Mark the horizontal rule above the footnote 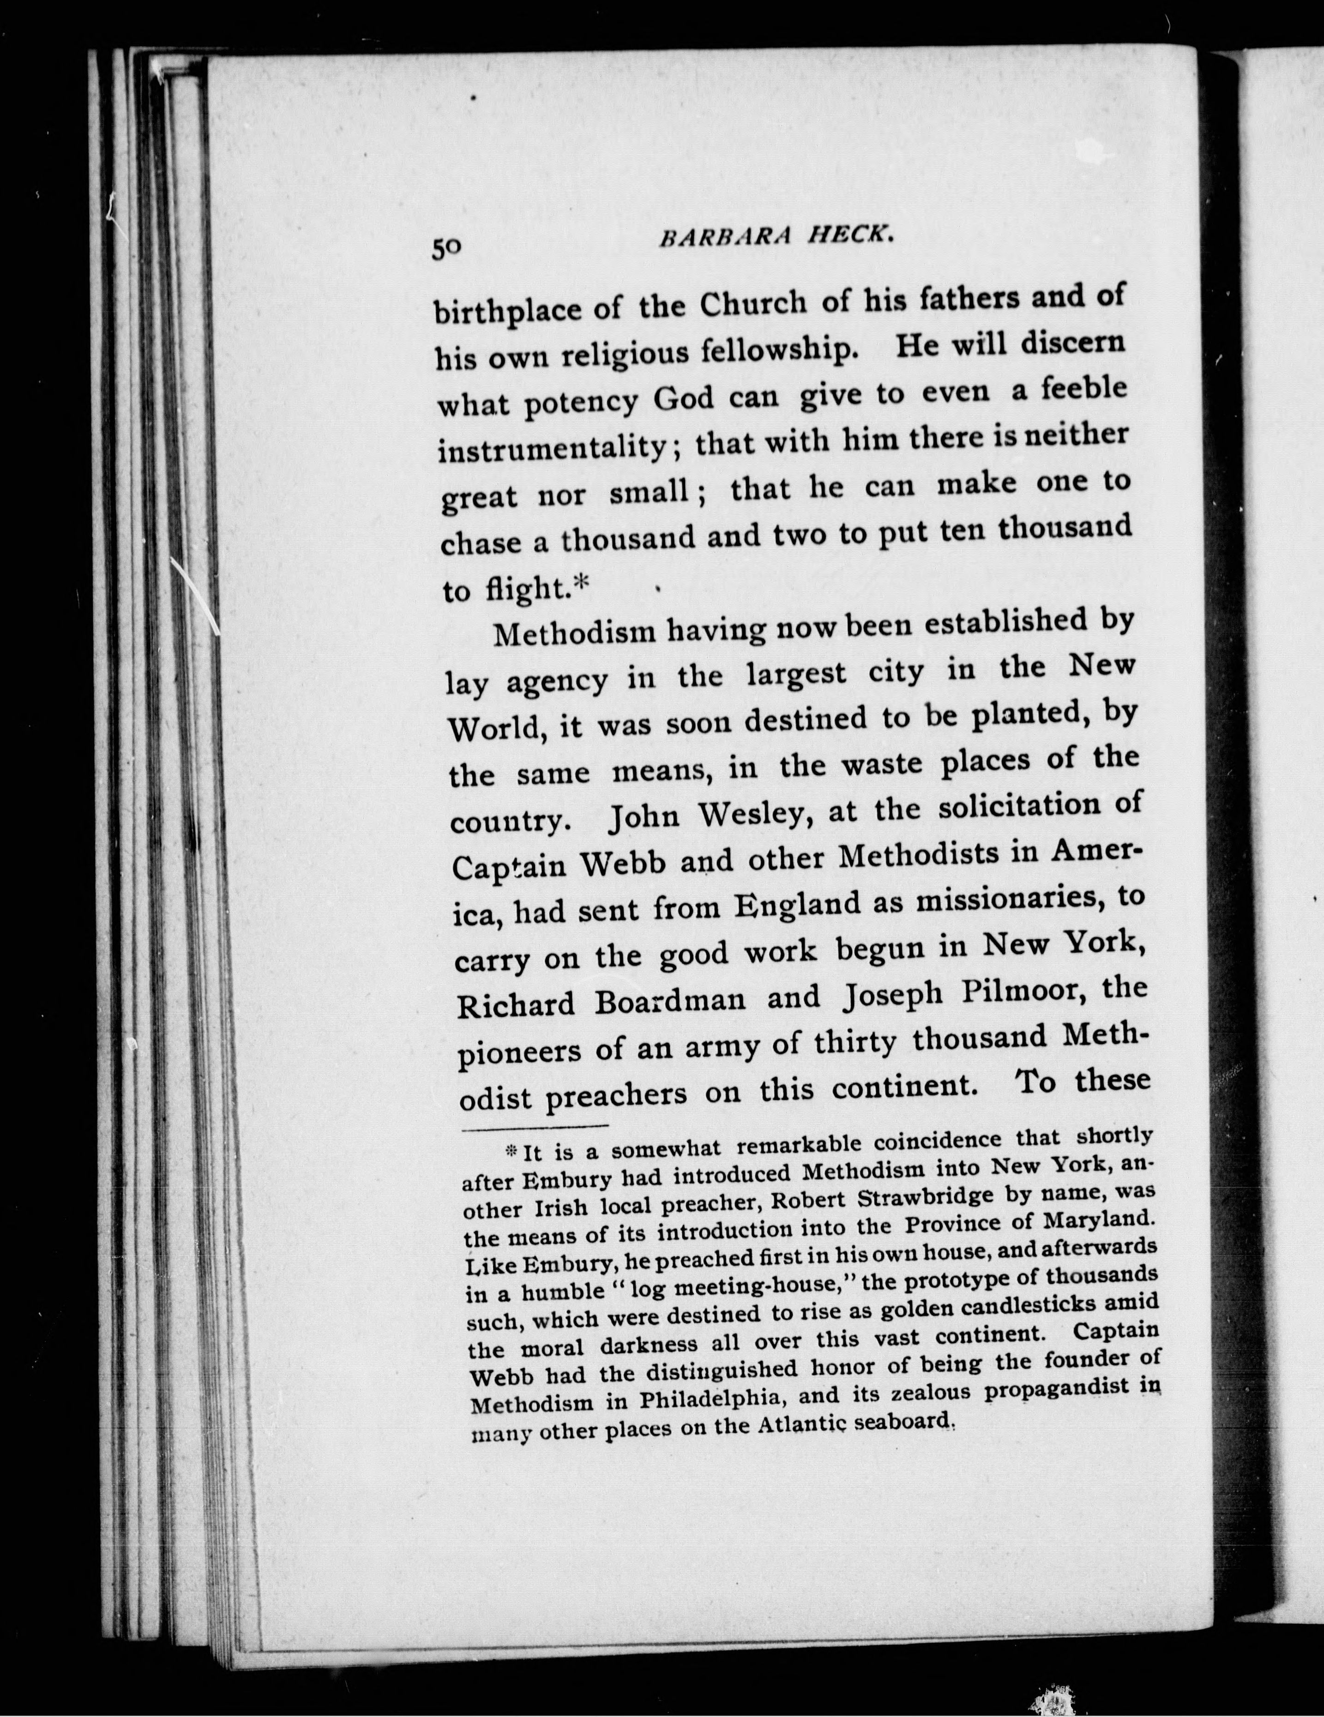(535, 1129)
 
